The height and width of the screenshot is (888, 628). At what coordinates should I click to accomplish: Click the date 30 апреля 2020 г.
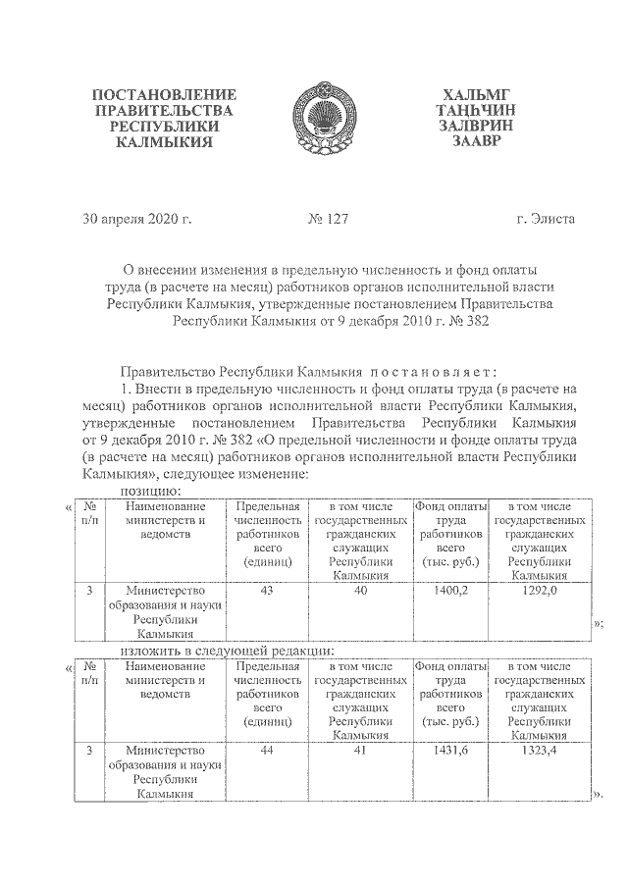[137, 218]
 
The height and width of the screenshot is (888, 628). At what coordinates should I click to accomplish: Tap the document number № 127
[328, 218]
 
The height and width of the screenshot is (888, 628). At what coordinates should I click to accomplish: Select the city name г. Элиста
[546, 218]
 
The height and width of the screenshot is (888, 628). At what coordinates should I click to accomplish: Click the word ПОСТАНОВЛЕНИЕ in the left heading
[164, 95]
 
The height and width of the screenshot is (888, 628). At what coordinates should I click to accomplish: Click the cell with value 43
[266, 592]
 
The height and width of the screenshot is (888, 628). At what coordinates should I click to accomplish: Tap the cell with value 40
[361, 592]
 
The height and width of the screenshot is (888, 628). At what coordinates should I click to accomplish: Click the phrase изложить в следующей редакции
[228, 650]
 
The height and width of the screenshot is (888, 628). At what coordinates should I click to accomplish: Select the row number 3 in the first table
[89, 592]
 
